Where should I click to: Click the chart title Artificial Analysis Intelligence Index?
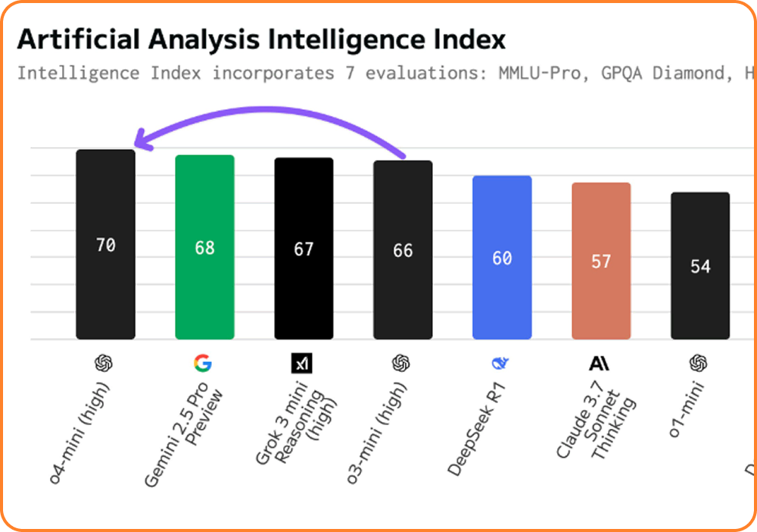pos(261,39)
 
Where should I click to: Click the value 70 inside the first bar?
pos(106,245)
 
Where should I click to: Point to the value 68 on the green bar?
pos(204,248)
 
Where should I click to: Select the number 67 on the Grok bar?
pos(304,249)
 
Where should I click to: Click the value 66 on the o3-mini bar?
pos(403,251)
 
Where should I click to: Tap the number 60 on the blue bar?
pos(502,258)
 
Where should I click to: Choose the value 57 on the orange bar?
pos(601,261)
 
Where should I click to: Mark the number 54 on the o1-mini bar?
pos(700,267)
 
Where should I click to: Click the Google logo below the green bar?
pos(203,364)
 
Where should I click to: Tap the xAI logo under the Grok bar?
pos(302,364)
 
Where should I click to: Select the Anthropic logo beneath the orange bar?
pos(599,364)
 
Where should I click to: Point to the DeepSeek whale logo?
pos(500,364)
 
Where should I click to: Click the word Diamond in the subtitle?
pos(690,74)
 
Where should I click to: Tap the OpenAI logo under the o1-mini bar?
pos(698,364)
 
